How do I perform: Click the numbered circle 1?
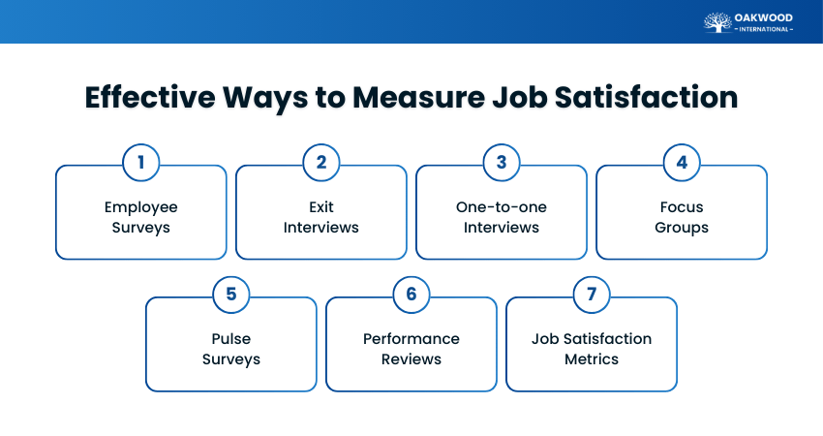click(x=141, y=162)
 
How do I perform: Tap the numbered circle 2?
click(x=321, y=162)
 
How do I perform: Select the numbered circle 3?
click(x=502, y=162)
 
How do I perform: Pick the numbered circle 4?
click(x=682, y=162)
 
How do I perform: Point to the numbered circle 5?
click(x=231, y=294)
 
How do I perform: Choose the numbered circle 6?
click(x=411, y=294)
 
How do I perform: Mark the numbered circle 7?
click(x=592, y=294)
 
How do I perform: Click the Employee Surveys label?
click(x=141, y=218)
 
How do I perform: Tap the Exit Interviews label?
click(x=321, y=218)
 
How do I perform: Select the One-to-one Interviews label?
click(x=502, y=218)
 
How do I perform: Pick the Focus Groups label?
click(x=682, y=218)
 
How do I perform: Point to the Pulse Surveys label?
click(x=231, y=349)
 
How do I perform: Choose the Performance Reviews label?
click(x=411, y=349)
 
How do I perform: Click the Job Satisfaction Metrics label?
click(x=592, y=349)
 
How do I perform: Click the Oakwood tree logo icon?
click(x=717, y=21)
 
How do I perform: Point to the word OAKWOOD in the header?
click(x=765, y=16)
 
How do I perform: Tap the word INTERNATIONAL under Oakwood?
click(x=765, y=29)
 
